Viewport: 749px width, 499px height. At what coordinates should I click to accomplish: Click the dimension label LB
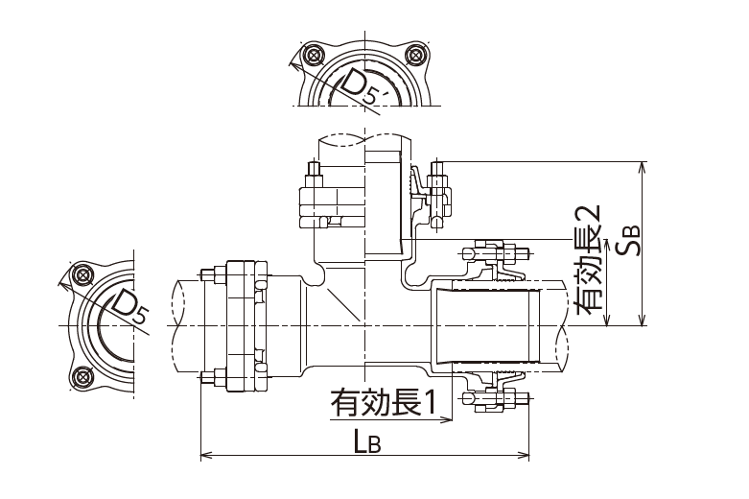coord(367,442)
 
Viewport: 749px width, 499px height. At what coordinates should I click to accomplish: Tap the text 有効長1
coord(384,402)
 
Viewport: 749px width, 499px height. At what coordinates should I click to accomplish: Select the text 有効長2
coord(589,260)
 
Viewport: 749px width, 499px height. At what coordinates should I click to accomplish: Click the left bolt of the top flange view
coord(313,55)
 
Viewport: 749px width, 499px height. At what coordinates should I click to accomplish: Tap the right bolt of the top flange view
coord(414,55)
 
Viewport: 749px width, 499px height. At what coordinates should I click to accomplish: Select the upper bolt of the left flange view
coord(83,274)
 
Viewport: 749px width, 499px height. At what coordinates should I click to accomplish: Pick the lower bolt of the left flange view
coord(83,376)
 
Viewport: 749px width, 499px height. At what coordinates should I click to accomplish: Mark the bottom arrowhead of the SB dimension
coord(643,321)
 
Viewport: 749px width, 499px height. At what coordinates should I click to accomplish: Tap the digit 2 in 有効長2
coord(589,213)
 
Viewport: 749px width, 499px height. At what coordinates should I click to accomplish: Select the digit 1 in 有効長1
coord(430,402)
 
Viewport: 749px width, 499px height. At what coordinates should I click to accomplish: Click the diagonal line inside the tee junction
coord(342,304)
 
